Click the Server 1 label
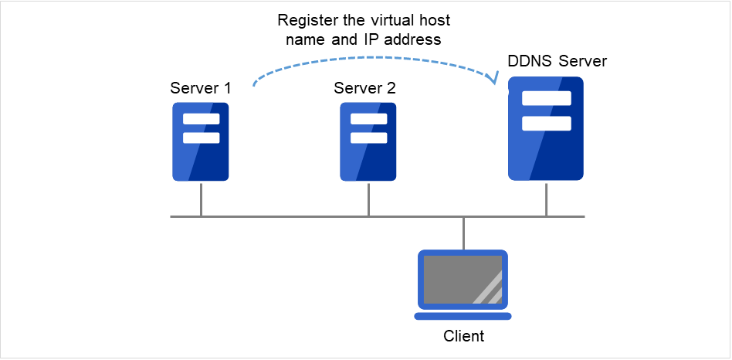[201, 87]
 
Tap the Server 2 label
[364, 87]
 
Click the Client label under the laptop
[463, 336]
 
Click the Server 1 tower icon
[201, 141]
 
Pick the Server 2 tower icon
[368, 141]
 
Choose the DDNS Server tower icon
[546, 128]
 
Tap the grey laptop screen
[463, 279]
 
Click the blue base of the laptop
[463, 315]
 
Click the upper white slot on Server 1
[201, 119]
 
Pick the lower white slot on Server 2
[368, 138]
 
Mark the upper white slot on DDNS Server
[546, 98]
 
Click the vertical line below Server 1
[201, 199]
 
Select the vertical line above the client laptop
[463, 233]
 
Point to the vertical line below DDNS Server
[546, 199]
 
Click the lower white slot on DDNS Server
[546, 124]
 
